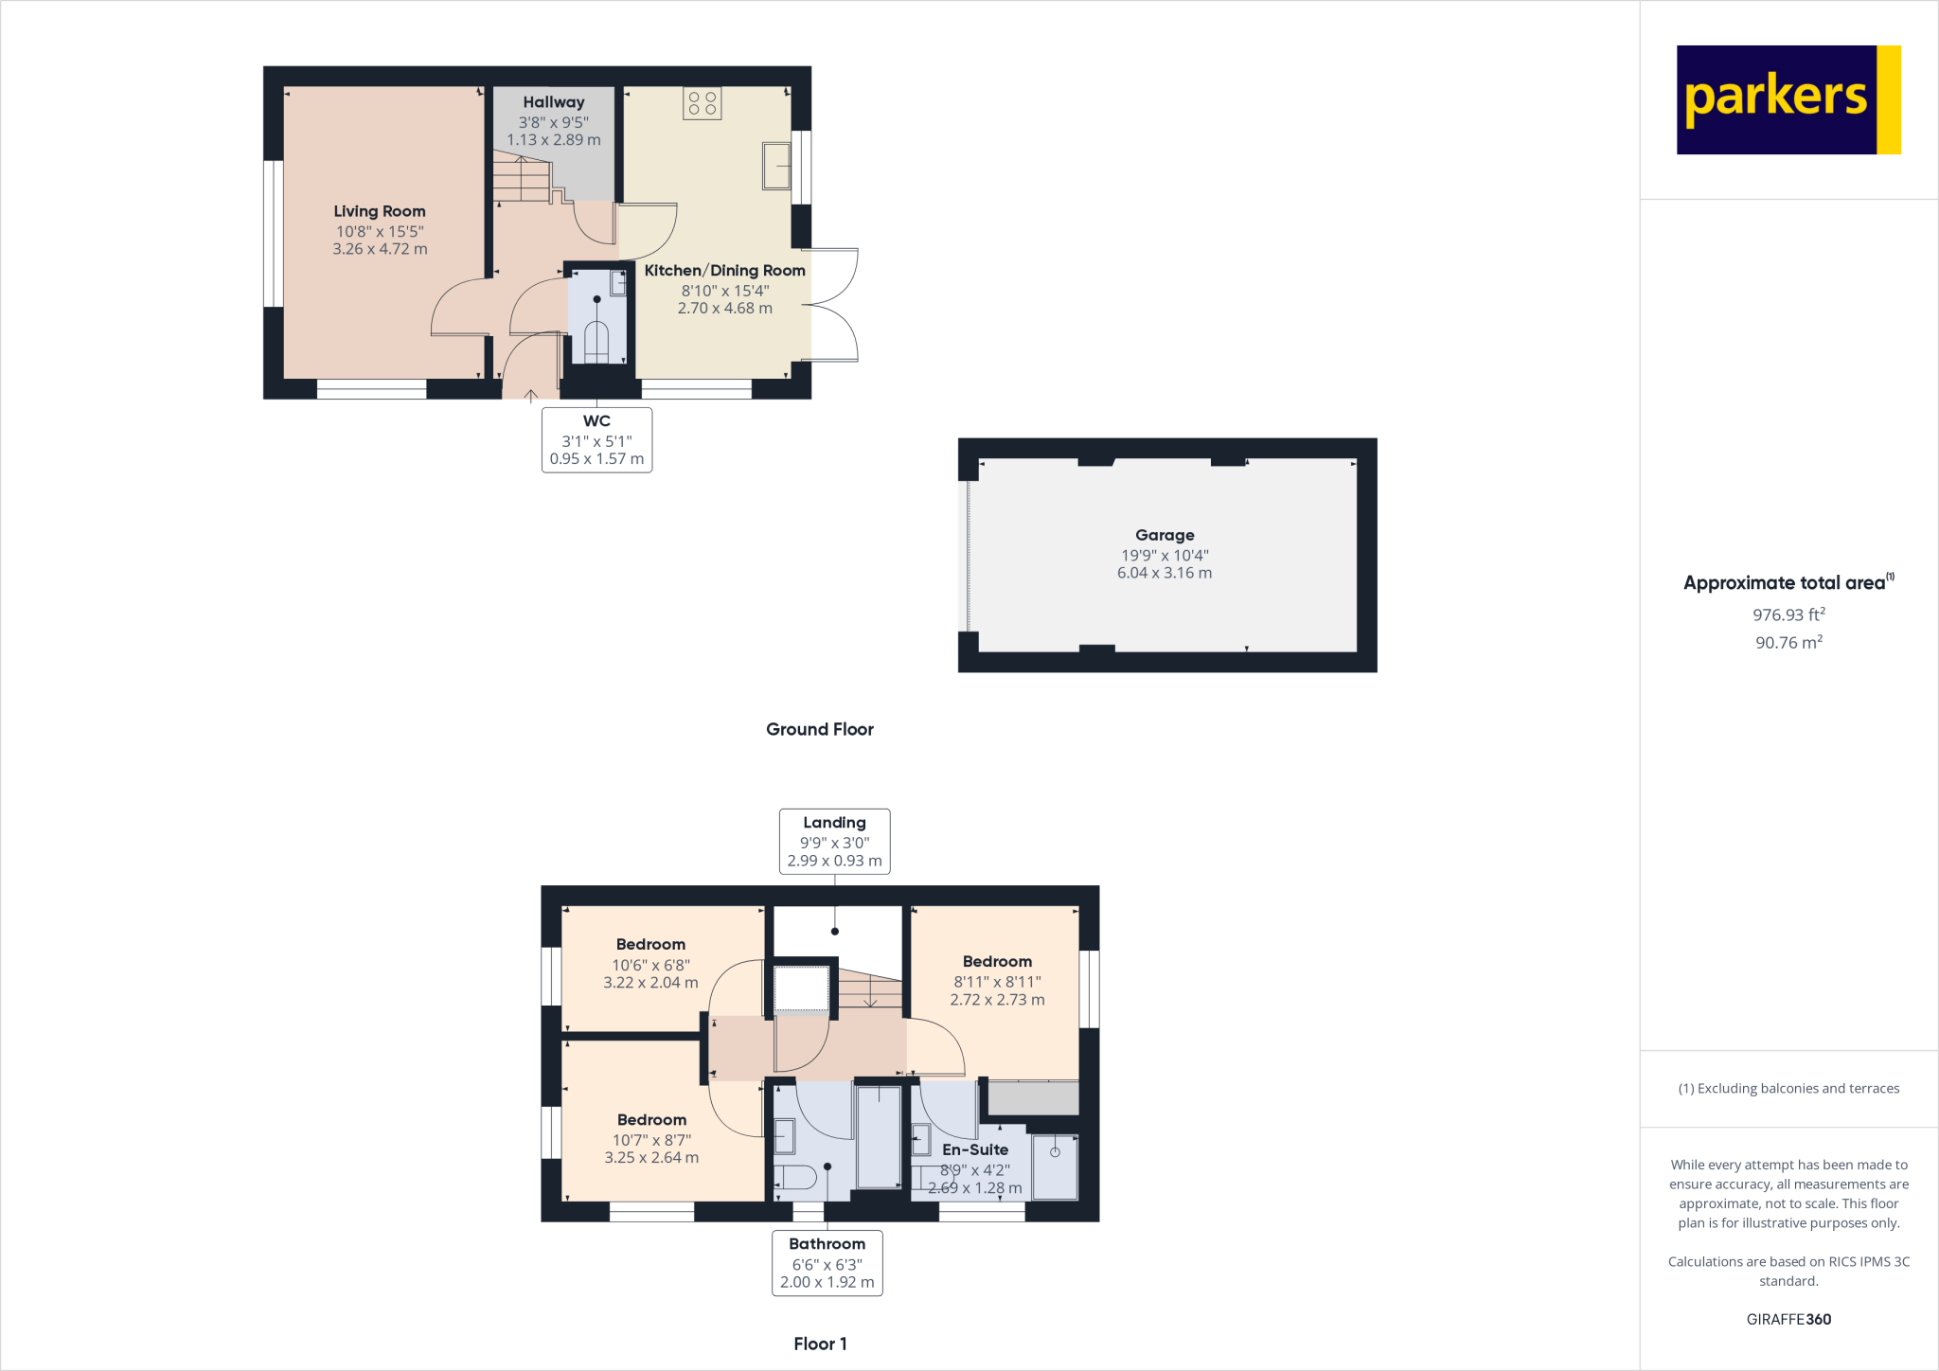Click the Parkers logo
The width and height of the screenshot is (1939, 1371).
[1788, 99]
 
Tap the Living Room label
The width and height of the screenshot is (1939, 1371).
[380, 211]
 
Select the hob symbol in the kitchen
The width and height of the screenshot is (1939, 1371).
[703, 103]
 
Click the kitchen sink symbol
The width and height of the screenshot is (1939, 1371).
[776, 166]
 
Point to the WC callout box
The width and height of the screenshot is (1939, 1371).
[596, 440]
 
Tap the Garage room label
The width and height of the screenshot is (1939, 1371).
[1165, 535]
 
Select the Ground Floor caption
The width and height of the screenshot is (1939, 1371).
[820, 729]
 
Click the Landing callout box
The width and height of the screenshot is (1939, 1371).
[834, 841]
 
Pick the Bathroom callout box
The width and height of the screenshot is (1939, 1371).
[827, 1263]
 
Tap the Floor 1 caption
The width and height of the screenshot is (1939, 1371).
[820, 1344]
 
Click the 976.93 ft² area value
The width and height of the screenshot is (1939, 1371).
[1788, 614]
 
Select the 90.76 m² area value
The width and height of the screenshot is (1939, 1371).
[1788, 642]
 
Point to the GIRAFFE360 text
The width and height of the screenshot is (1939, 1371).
[1788, 1319]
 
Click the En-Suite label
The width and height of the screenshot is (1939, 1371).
[975, 1149]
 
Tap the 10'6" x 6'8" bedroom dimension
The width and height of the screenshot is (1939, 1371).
[651, 965]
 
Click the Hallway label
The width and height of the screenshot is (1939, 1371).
[554, 102]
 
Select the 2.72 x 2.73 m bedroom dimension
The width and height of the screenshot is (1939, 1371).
[998, 1000]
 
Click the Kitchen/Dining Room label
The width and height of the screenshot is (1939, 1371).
[725, 271]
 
